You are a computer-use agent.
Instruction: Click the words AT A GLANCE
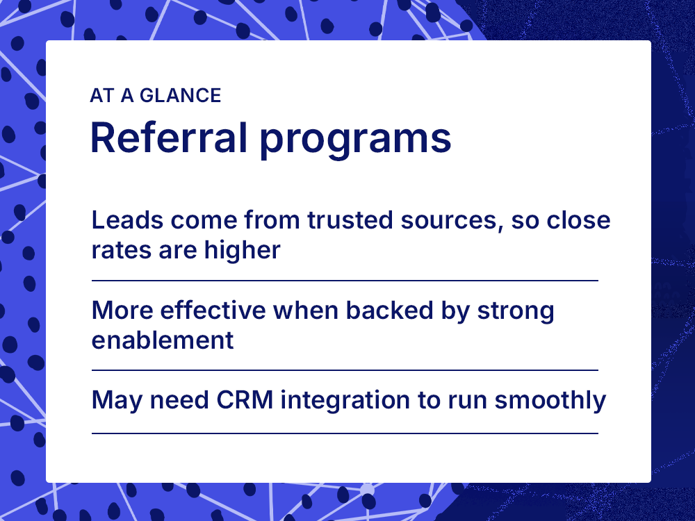click(x=155, y=96)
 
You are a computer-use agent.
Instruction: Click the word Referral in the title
click(x=168, y=138)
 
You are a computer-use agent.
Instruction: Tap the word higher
click(x=242, y=250)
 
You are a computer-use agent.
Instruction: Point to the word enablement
click(x=163, y=340)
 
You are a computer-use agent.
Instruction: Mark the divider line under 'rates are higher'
click(x=345, y=281)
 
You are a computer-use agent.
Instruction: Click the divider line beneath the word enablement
click(x=345, y=370)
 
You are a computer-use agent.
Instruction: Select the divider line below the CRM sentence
click(x=345, y=433)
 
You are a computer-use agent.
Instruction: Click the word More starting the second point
click(x=118, y=311)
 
